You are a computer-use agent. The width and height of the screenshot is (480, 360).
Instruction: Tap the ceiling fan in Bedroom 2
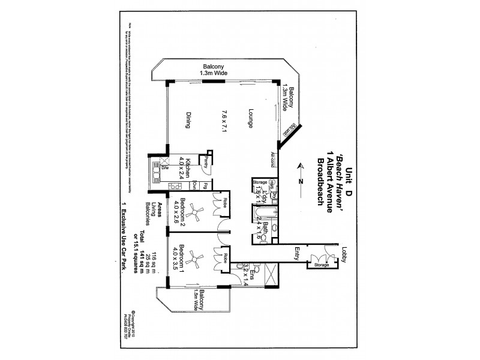click(x=194, y=211)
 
